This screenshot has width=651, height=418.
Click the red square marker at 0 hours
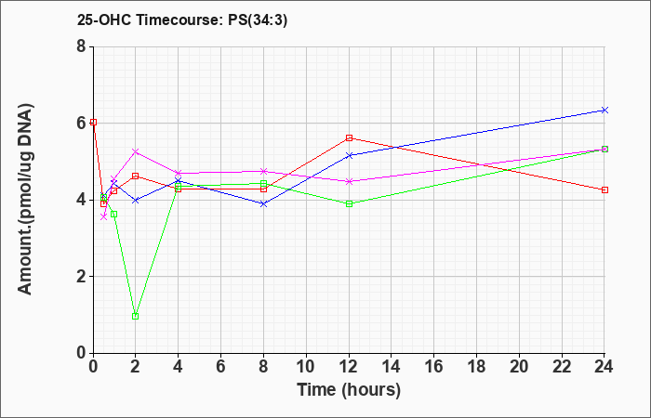tap(93, 122)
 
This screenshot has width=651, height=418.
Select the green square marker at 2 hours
tap(135, 317)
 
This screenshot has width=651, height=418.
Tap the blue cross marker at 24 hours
tap(604, 110)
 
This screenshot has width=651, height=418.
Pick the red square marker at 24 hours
tap(604, 189)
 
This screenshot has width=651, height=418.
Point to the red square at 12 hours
tap(349, 137)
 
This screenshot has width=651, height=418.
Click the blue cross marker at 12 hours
tap(349, 155)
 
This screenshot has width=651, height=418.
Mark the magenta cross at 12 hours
tap(349, 181)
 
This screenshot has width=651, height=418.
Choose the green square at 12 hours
tap(349, 203)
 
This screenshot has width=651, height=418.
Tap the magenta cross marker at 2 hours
tap(135, 151)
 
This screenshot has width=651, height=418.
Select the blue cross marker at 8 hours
tap(263, 204)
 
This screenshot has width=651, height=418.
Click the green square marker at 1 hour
tap(113, 214)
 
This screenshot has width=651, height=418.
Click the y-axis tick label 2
tap(82, 277)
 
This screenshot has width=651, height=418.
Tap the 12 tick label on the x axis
tap(349, 367)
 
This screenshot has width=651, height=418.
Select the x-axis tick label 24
tap(604, 367)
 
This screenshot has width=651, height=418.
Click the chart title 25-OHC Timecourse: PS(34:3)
tap(182, 20)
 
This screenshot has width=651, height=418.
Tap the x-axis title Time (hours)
tap(349, 390)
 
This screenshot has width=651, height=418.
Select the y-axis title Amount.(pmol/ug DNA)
tap(26, 199)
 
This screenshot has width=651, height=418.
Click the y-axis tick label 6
tap(82, 124)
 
